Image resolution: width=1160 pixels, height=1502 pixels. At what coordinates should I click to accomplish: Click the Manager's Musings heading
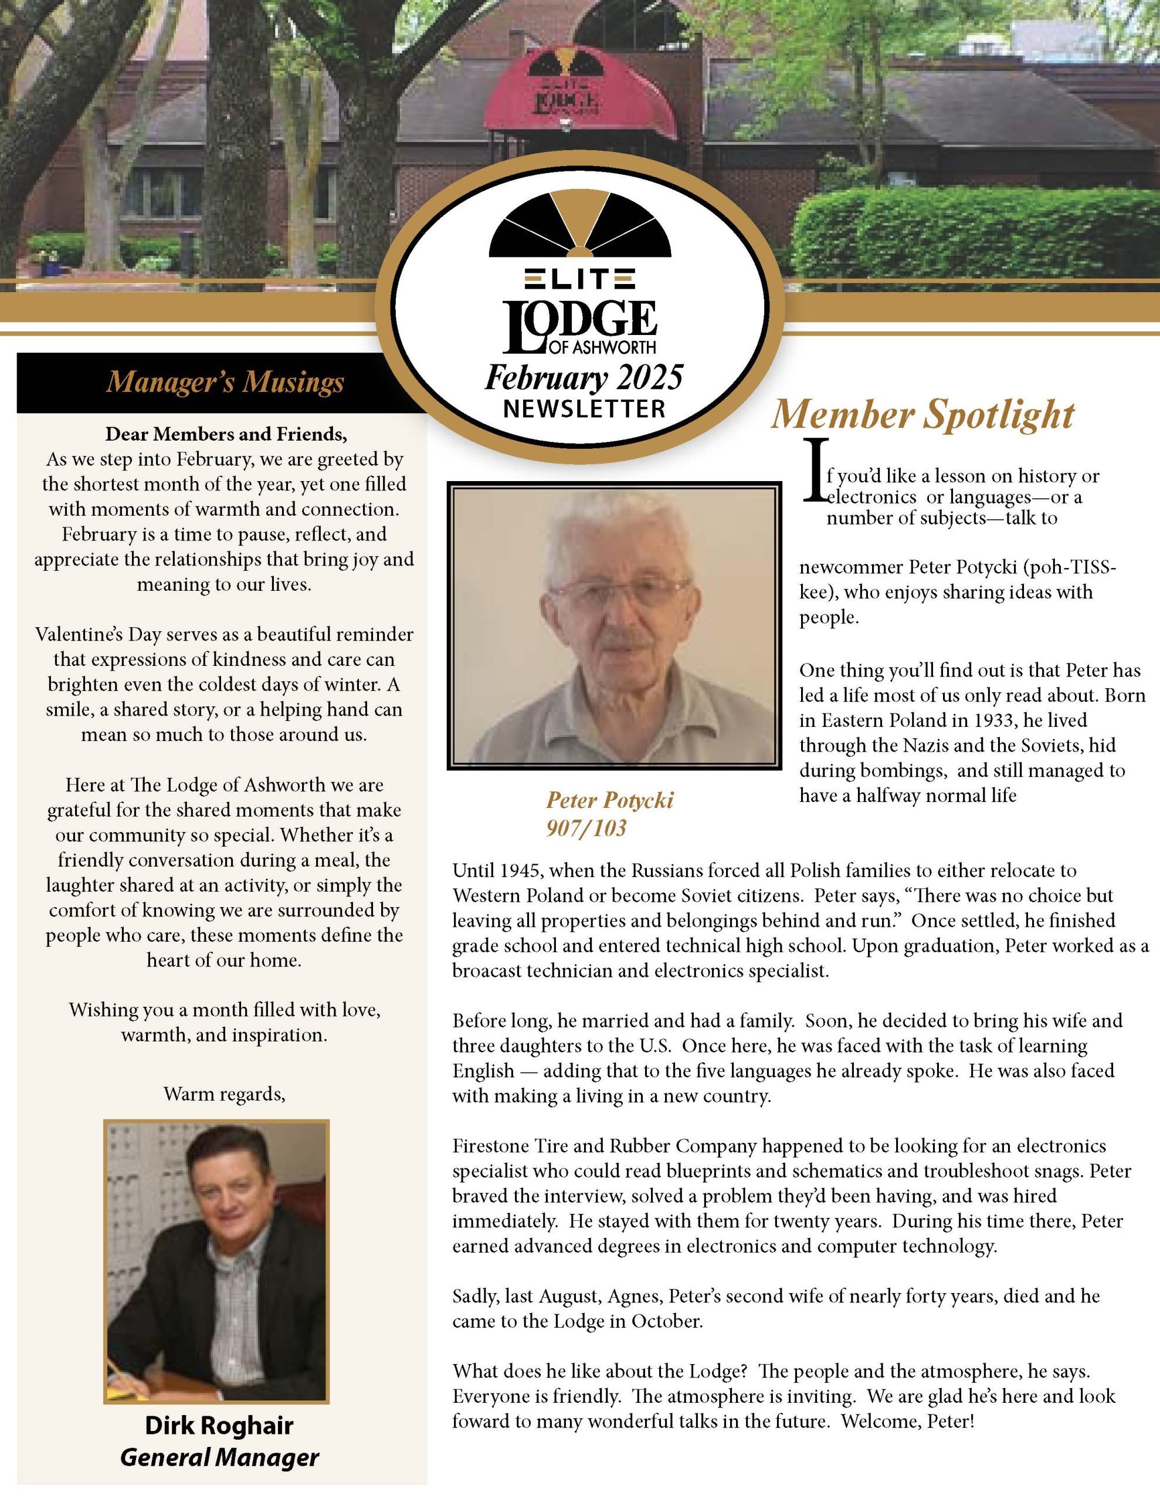tap(225, 383)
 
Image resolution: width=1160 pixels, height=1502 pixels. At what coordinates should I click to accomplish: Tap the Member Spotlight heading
tap(921, 415)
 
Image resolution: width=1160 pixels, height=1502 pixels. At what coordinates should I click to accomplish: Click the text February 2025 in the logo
tap(584, 378)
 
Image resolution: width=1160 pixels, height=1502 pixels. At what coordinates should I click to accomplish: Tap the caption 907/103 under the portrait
tap(586, 828)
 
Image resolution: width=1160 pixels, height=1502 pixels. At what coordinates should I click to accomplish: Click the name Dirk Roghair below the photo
tap(219, 1425)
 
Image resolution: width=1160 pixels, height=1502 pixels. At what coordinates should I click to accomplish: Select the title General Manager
tap(219, 1457)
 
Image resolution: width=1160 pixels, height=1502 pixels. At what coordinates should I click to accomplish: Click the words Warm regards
tap(224, 1094)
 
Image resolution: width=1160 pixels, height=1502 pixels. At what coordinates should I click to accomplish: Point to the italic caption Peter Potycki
tap(609, 800)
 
